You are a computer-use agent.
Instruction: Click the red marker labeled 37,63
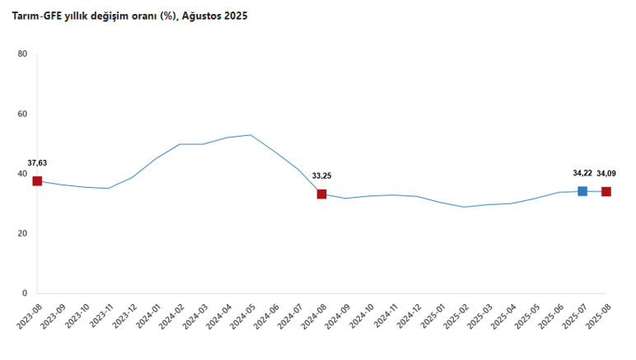tap(37, 181)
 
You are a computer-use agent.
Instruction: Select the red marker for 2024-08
tap(321, 194)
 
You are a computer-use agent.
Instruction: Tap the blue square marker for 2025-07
tap(582, 191)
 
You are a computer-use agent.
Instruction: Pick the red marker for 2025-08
tap(606, 192)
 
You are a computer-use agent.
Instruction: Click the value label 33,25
tap(321, 175)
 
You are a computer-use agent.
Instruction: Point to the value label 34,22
tap(582, 173)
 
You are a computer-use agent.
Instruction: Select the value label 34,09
tap(607, 173)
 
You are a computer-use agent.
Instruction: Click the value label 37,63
tap(37, 163)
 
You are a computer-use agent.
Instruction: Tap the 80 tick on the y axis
tap(23, 54)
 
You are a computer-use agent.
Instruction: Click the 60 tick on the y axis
tap(23, 115)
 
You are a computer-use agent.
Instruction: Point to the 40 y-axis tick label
tap(23, 174)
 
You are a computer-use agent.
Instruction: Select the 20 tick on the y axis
tap(23, 234)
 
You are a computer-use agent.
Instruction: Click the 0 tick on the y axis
tap(25, 293)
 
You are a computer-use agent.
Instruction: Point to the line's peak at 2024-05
tap(250, 135)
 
